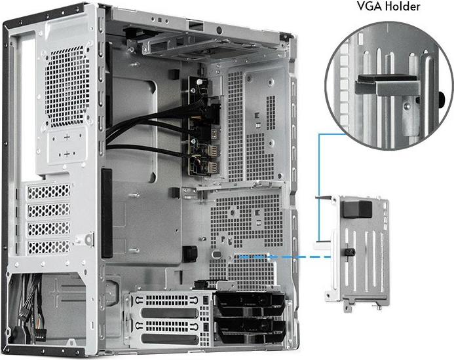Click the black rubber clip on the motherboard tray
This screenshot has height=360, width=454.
(x=190, y=252)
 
